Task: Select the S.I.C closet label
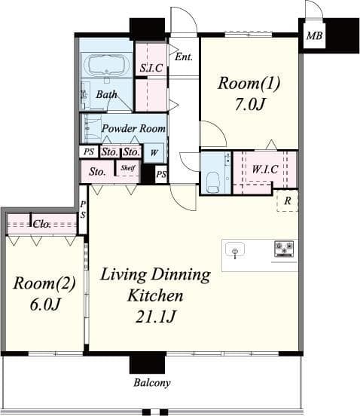point(151,68)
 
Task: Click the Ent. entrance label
point(183,57)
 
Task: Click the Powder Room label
point(133,129)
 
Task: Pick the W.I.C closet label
point(264,170)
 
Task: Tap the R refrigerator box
point(288,201)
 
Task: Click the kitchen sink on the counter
point(236,250)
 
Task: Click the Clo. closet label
point(41,224)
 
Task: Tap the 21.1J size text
point(155,317)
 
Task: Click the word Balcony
point(152,382)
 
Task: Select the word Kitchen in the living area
point(155,295)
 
